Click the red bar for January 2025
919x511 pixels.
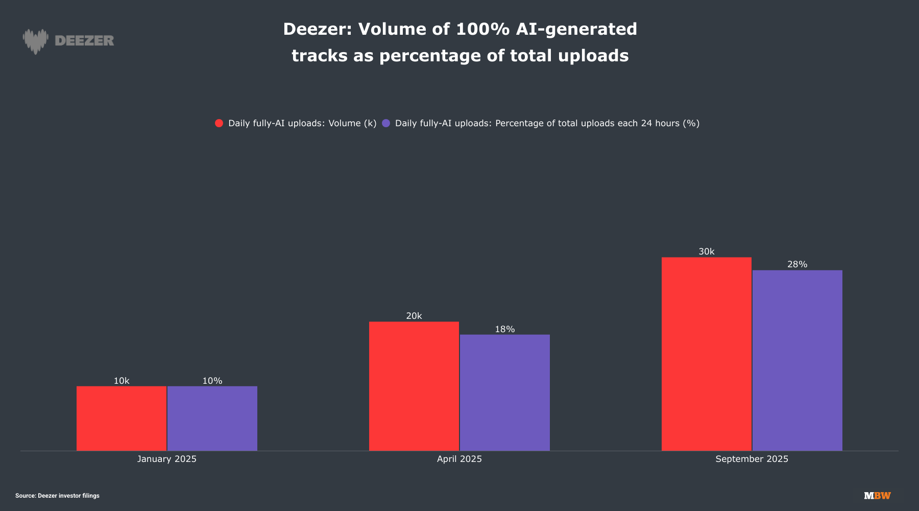pos(122,418)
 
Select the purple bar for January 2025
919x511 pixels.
pos(212,418)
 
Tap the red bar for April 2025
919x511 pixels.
pos(414,386)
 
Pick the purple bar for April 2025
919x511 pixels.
pos(505,392)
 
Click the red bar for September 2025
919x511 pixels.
pos(707,354)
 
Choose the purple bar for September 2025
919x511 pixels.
pos(797,360)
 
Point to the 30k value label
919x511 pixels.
pos(707,251)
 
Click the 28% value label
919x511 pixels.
pos(797,264)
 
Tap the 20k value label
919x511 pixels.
pos(414,316)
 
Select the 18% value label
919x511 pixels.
pos(505,329)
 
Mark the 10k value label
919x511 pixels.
pos(122,381)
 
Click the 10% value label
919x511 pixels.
pos(212,381)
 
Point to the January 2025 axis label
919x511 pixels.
pos(167,459)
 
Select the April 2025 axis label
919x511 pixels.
pos(459,459)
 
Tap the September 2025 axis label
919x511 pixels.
pos(752,459)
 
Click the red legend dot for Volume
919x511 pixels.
pos(219,123)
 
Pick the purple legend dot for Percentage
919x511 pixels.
pos(386,123)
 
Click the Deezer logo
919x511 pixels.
pos(68,41)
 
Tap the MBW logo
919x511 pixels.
pos(877,496)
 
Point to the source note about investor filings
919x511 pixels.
pos(57,496)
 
